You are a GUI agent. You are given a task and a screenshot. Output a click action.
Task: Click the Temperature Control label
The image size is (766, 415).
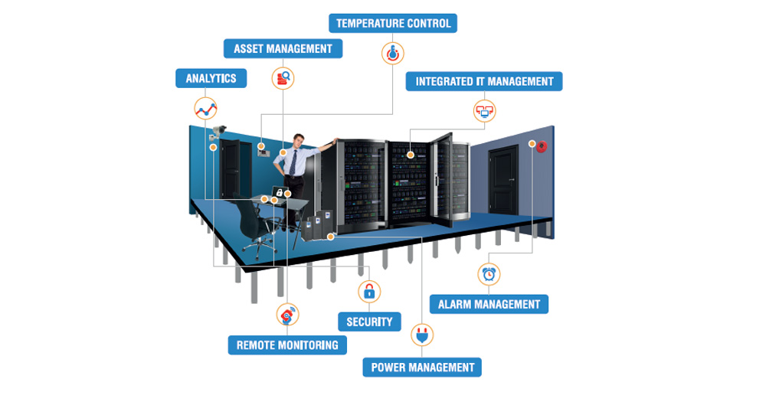click(x=393, y=23)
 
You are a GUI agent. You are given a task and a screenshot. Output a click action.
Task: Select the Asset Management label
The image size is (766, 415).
click(x=283, y=48)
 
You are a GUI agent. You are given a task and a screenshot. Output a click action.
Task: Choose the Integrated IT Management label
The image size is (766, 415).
click(x=484, y=81)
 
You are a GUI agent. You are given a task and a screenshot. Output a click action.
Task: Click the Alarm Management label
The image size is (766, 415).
click(x=489, y=304)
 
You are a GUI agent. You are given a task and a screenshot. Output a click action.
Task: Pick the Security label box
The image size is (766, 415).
click(x=369, y=322)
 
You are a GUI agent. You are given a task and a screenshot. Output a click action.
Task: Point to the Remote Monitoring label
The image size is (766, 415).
click(x=287, y=345)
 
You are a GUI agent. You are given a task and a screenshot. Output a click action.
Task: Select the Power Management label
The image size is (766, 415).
click(x=422, y=368)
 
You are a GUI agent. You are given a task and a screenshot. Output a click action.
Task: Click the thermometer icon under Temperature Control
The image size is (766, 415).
click(x=392, y=53)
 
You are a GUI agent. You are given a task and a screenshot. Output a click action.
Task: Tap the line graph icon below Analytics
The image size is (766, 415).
click(x=205, y=108)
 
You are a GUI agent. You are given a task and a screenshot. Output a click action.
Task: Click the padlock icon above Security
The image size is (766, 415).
click(x=369, y=291)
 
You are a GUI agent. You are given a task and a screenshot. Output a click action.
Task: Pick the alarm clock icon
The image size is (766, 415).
click(x=489, y=273)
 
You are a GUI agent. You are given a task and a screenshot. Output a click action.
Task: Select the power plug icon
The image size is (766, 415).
click(x=421, y=335)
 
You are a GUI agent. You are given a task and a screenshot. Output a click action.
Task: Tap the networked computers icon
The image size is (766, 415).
click(x=484, y=110)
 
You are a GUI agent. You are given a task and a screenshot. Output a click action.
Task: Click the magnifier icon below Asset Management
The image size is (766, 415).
click(x=283, y=77)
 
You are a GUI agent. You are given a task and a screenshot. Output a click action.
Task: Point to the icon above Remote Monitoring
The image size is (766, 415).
click(x=287, y=314)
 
